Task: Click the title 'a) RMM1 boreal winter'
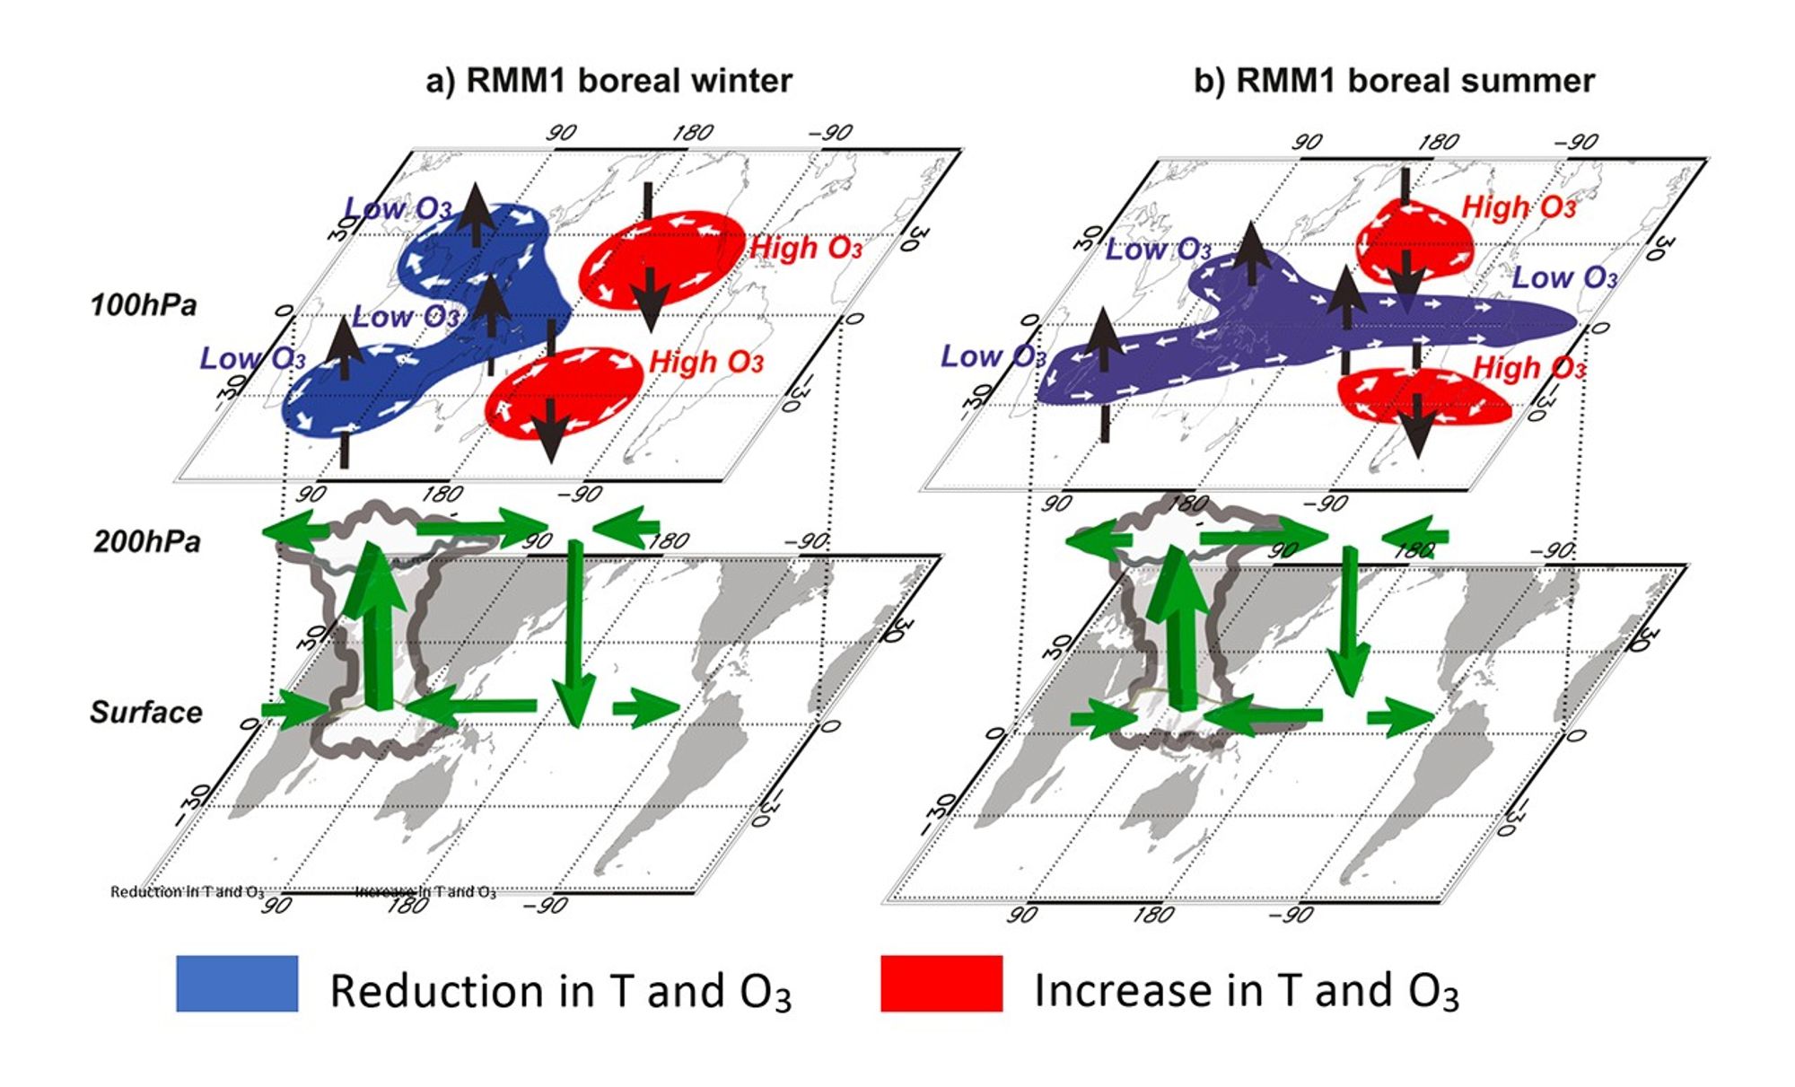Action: tap(609, 81)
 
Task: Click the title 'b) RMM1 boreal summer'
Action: tap(1393, 81)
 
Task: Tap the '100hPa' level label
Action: tap(144, 305)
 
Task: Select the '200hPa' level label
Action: tap(147, 541)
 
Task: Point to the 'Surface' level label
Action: tap(146, 712)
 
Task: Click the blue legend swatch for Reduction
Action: tap(237, 984)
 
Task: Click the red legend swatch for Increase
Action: tap(941, 984)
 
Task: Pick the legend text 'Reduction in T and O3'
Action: tap(560, 991)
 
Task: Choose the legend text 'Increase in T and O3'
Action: tap(1246, 991)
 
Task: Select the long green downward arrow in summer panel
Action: tap(1348, 619)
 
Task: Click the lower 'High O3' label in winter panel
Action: tap(706, 363)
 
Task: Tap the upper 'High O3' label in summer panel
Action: tap(1519, 208)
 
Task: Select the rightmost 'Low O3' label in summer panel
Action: tap(1564, 278)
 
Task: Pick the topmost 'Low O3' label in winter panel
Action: tap(398, 209)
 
